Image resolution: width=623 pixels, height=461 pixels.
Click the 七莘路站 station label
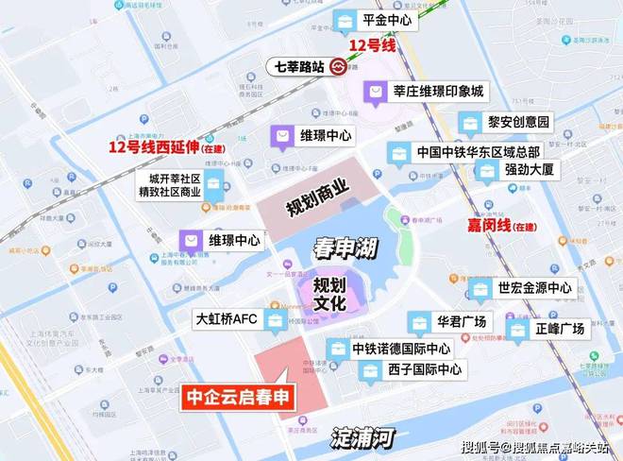(x=300, y=67)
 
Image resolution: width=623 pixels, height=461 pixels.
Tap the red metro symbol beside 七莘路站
(x=339, y=67)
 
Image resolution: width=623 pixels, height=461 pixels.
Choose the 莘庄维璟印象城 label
(x=438, y=92)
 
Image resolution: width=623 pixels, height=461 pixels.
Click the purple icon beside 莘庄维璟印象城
(x=377, y=92)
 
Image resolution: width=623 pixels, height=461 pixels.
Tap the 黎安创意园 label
(x=518, y=122)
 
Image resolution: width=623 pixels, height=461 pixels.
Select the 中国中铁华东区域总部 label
(x=478, y=151)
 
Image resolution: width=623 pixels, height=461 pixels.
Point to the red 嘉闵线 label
(x=490, y=225)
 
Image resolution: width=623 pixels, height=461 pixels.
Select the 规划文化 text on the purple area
(x=330, y=292)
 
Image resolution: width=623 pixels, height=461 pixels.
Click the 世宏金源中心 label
(x=534, y=287)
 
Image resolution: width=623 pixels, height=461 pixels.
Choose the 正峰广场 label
(x=559, y=330)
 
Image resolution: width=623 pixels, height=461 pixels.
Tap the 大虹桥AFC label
(x=226, y=319)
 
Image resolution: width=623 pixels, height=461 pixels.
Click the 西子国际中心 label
(x=424, y=369)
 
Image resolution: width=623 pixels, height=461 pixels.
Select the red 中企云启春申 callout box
(x=237, y=398)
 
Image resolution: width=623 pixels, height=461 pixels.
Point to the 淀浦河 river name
(x=363, y=437)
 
